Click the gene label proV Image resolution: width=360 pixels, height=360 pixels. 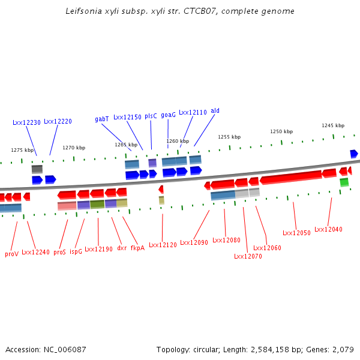click(12, 254)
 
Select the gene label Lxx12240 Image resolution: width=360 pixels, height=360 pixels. click(35, 253)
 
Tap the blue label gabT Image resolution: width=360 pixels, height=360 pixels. click(102, 119)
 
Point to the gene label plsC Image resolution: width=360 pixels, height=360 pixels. click(151, 116)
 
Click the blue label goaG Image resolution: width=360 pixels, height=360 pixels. click(168, 115)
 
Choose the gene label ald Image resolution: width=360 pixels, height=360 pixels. click(215, 111)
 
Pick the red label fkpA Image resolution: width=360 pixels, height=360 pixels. click(137, 248)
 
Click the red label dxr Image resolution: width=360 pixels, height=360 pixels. click(121, 248)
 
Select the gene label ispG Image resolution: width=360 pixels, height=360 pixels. click(76, 251)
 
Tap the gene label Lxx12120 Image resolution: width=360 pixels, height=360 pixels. click(163, 245)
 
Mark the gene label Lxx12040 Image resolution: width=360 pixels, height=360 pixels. click(328, 229)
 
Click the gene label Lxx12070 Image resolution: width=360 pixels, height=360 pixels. click(248, 256)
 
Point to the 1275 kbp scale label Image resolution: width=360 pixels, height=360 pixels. click(23, 150)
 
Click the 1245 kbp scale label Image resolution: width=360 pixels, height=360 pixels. click(332, 125)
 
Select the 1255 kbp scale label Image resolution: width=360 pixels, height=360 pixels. click(229, 137)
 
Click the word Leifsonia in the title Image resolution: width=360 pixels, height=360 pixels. click(84, 11)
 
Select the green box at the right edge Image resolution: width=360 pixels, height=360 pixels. click(344, 182)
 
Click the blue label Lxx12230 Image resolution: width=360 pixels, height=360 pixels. click(26, 122)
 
